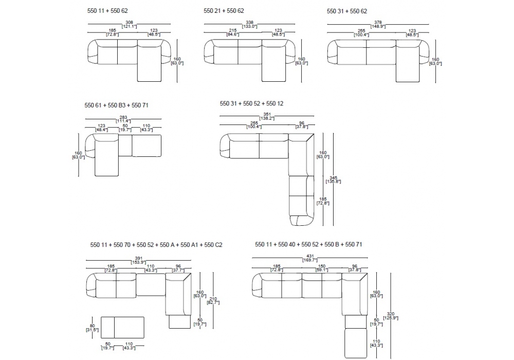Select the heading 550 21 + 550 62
point(224,10)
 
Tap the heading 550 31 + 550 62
point(347,10)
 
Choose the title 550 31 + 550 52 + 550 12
point(251,103)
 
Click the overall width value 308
point(129,22)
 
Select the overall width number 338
point(249,22)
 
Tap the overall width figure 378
point(378,22)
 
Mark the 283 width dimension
point(123,117)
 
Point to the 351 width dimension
point(267,114)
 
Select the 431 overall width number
point(309,257)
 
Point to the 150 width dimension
point(322,266)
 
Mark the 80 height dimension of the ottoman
point(93,326)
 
